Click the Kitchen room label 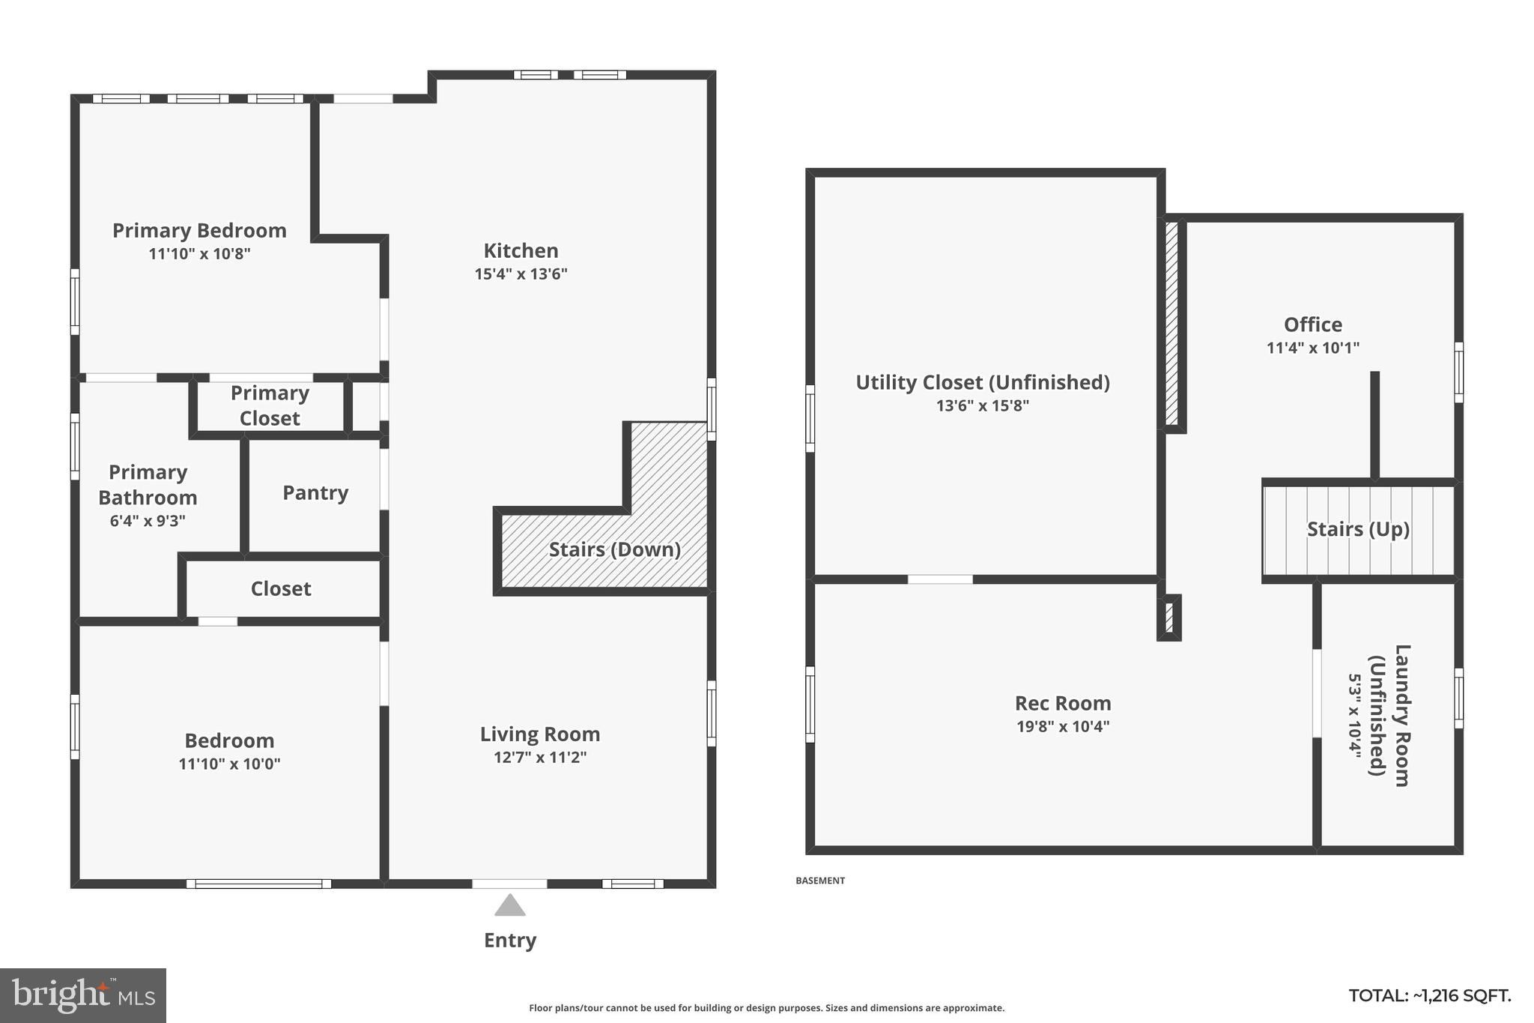pos(521,251)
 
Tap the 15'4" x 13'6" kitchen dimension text pos(521,274)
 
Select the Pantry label pos(315,493)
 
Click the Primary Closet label pos(270,405)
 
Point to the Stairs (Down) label pos(614,550)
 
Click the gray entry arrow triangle pos(510,906)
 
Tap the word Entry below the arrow pos(510,941)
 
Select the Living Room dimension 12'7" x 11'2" pos(539,758)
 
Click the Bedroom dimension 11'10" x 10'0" pos(229,764)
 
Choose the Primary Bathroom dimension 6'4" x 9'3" pos(148,521)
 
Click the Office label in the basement pos(1312,325)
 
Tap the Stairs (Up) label pos(1358,529)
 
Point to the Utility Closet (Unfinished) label pos(982,382)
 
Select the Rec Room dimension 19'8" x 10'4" pos(1062,726)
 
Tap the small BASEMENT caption pos(819,881)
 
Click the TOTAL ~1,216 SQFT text pos(1429,996)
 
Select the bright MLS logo pos(83,995)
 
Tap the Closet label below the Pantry pos(280,589)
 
